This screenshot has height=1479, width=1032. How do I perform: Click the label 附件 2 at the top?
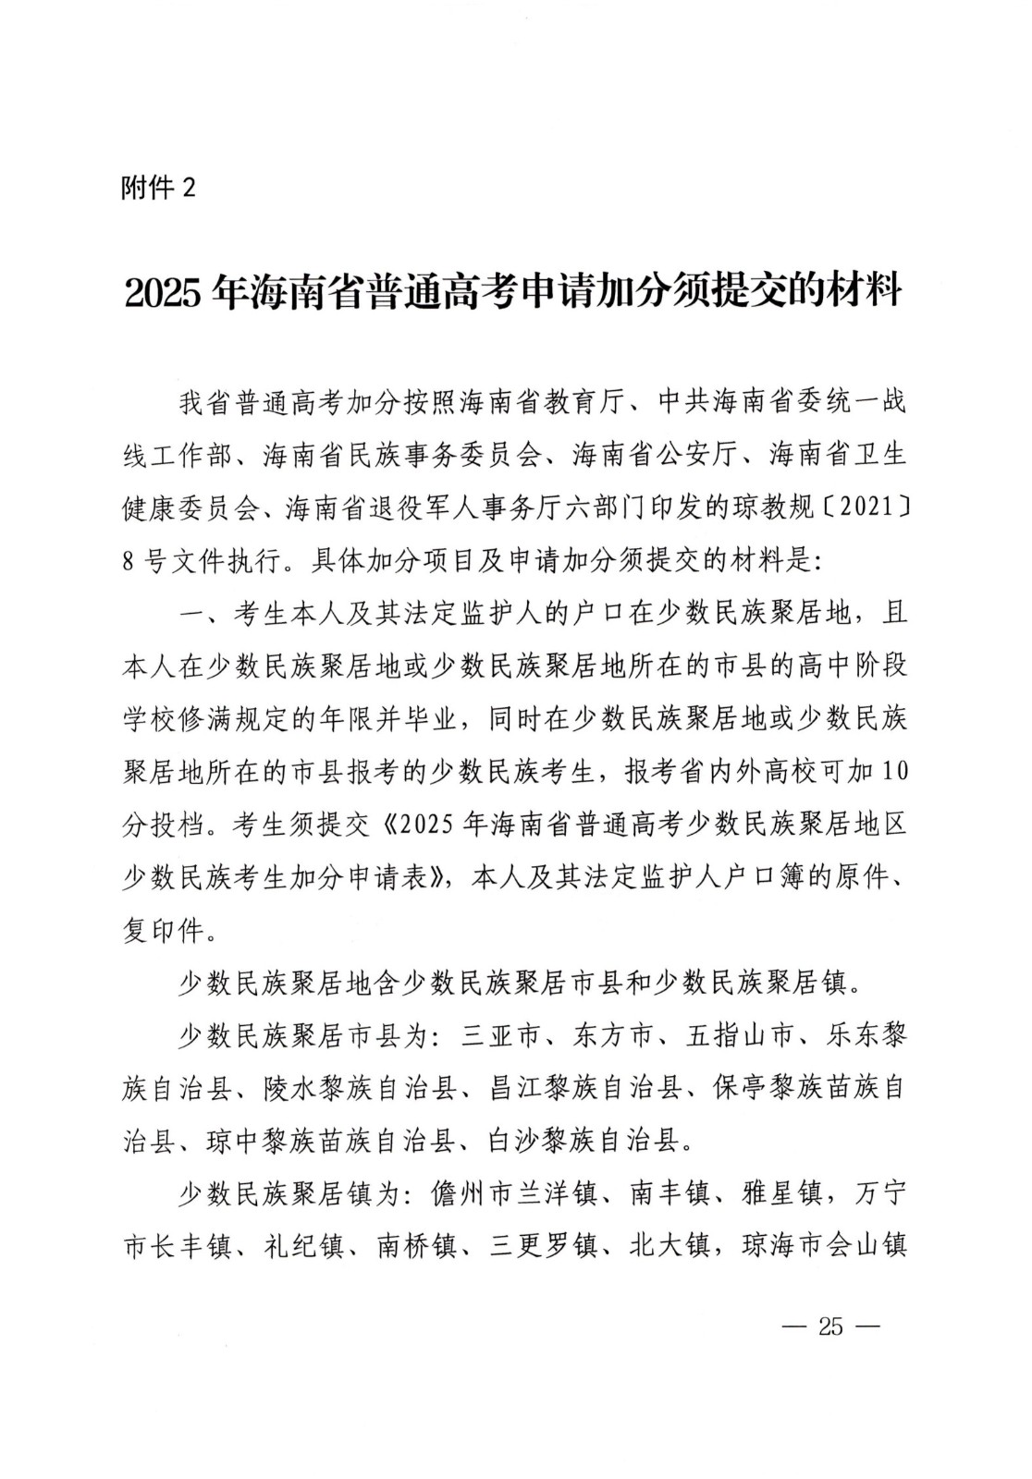coord(159,188)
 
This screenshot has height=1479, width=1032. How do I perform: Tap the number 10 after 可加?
coord(892,771)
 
